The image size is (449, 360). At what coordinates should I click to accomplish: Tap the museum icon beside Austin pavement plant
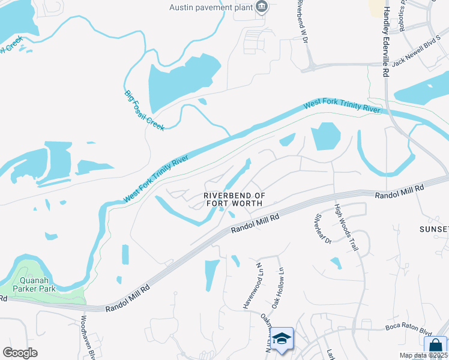coord(262,7)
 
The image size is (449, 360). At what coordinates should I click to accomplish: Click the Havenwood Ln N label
coord(252,285)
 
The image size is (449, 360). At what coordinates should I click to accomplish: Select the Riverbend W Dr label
coord(302,21)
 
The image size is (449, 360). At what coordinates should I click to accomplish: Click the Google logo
coord(20,353)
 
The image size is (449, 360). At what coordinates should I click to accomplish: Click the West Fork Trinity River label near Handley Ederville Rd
coord(343,106)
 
